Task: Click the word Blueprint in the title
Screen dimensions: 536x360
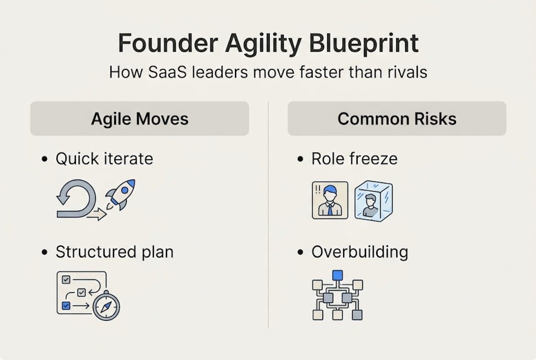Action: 364,44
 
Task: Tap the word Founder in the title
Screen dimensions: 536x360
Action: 168,43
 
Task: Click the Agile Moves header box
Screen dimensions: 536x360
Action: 139,118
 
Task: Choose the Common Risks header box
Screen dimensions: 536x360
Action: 397,118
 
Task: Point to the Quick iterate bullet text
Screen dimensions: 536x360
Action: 104,159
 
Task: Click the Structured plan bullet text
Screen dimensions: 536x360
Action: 114,252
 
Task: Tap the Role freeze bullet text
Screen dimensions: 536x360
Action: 355,159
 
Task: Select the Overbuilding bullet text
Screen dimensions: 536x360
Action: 360,252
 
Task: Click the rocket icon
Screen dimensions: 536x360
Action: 121,194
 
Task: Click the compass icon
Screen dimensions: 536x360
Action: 106,305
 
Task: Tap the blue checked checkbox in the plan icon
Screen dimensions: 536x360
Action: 66,305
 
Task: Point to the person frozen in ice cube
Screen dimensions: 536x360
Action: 373,201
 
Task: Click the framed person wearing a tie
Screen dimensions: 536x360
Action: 330,200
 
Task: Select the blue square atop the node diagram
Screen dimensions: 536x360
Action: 337,275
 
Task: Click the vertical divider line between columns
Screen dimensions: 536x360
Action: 268,215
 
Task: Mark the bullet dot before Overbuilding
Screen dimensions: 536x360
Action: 300,252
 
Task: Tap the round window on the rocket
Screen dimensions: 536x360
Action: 125,189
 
